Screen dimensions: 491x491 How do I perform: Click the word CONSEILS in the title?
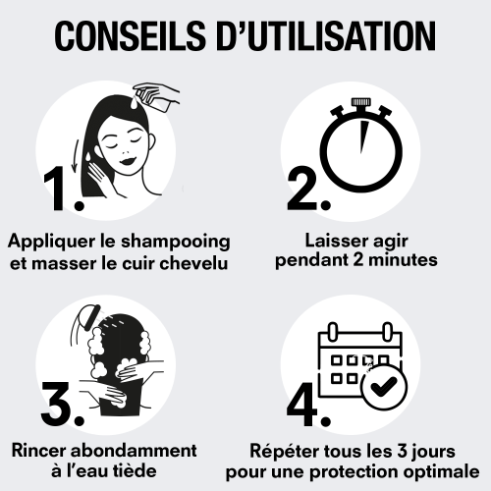tap(131, 35)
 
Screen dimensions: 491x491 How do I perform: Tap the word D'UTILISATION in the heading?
tap(326, 35)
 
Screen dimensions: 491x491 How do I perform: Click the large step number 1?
tap(63, 189)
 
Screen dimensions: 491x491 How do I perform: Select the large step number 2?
tap(308, 189)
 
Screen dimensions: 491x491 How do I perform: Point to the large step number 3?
tap(62, 404)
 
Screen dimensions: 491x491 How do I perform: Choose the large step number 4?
tap(308, 404)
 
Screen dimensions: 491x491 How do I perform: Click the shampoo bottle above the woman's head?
tap(156, 97)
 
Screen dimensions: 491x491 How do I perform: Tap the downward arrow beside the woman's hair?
tap(76, 156)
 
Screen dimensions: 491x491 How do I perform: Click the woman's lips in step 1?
tap(128, 161)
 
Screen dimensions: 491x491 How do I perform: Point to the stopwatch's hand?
tap(362, 136)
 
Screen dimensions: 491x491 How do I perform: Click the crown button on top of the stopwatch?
tap(361, 102)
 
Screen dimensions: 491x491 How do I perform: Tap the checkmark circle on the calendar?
tap(384, 387)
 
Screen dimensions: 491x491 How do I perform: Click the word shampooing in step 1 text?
tap(176, 243)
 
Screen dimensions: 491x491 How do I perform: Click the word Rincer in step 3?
tap(38, 451)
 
